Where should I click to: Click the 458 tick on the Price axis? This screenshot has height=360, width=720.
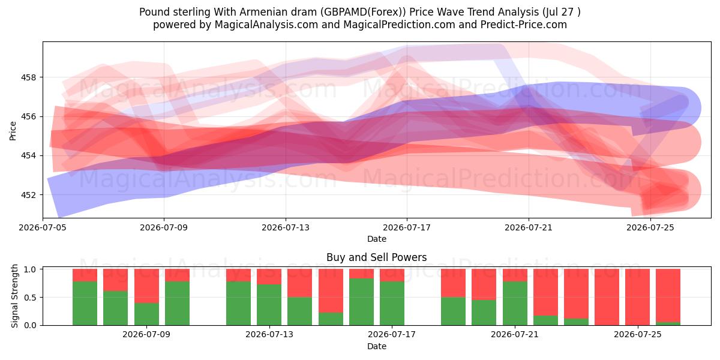point(28,77)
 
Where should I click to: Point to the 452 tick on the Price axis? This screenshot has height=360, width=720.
point(28,195)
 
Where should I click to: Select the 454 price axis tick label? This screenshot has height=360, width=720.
point(28,156)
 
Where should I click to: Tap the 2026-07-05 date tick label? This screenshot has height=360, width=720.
point(43,227)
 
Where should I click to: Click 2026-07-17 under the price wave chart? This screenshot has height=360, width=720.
point(407,227)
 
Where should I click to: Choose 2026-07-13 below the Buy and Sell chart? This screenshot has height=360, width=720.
point(269,335)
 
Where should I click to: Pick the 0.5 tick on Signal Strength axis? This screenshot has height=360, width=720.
point(30,298)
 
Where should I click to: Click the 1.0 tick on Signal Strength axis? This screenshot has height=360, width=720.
point(30,269)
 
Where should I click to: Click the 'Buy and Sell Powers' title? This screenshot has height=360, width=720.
point(376,257)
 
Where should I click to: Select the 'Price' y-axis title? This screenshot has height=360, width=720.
point(13,131)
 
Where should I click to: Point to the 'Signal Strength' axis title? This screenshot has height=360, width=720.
point(14,296)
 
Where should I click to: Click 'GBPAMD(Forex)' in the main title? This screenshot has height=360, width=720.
point(365,12)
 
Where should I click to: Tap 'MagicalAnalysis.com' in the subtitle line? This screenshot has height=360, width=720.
point(266,25)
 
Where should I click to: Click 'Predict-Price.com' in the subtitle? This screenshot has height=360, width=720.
point(524,25)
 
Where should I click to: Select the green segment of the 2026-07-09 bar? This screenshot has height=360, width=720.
point(146,314)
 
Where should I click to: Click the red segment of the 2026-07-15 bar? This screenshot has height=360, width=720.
point(331,291)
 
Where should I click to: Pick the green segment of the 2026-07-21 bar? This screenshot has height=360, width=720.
point(515,304)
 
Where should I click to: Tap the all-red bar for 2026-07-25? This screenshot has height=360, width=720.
point(637,298)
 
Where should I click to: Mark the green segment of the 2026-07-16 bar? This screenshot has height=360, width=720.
point(362,302)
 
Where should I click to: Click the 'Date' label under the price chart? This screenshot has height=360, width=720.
point(377,239)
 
